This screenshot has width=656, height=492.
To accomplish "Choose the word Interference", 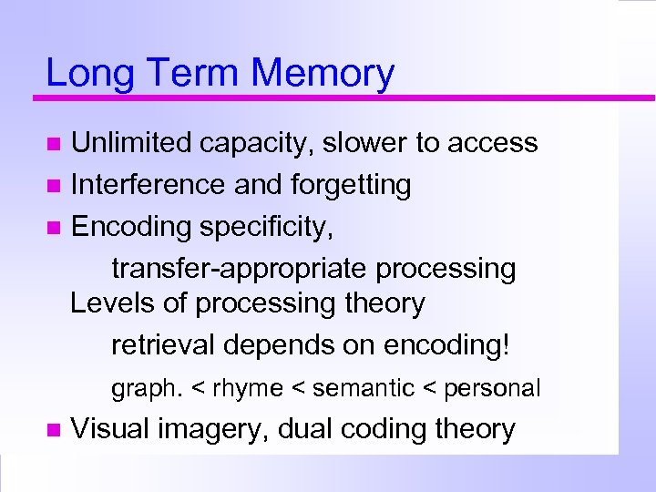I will click(x=149, y=185).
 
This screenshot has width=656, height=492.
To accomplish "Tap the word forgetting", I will click(x=351, y=185).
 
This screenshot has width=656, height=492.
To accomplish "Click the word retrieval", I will click(x=163, y=346).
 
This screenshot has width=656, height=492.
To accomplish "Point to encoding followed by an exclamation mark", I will click(x=448, y=346).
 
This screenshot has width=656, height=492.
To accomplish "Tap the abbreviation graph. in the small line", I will click(x=147, y=389).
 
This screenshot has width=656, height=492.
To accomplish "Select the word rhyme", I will click(x=248, y=389).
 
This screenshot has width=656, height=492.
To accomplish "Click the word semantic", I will click(x=363, y=389).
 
